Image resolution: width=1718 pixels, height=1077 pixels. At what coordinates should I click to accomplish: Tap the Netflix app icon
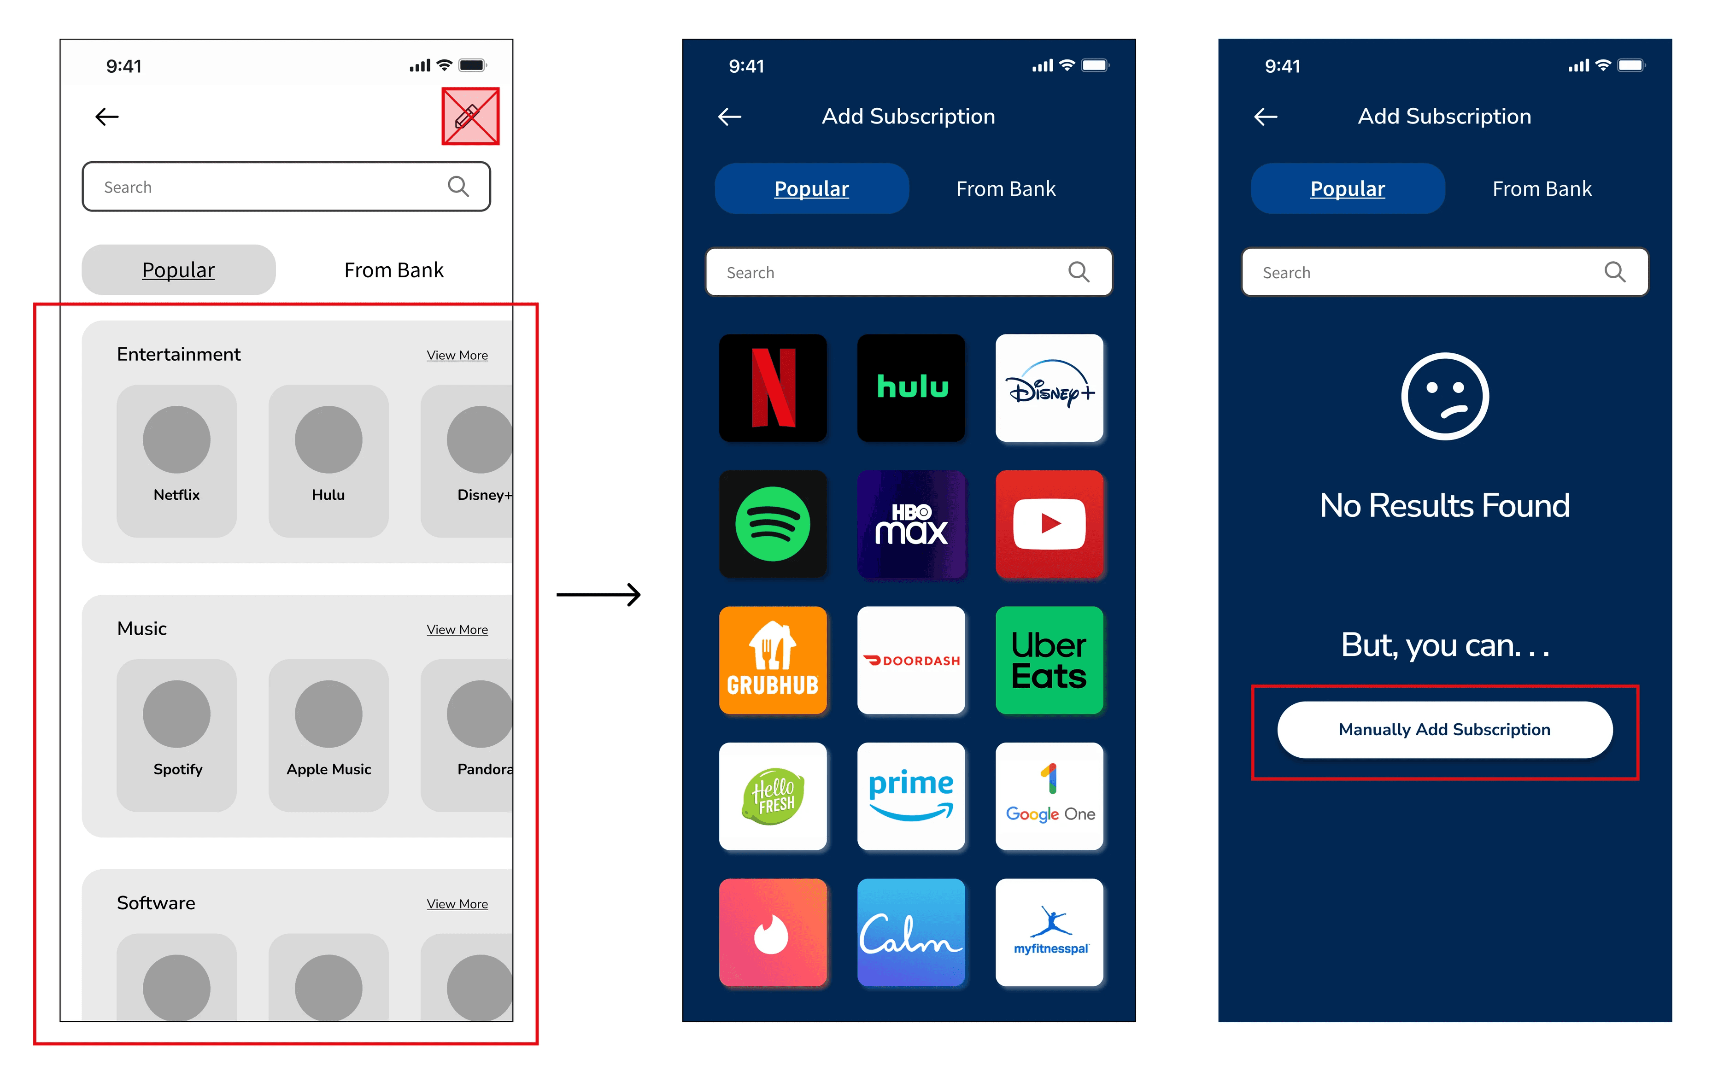(x=773, y=388)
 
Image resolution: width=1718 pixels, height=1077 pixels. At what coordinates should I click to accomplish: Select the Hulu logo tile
(x=911, y=388)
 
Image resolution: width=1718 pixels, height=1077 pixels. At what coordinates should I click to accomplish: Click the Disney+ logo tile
(x=1049, y=388)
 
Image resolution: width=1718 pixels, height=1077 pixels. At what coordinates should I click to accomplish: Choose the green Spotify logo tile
(x=773, y=524)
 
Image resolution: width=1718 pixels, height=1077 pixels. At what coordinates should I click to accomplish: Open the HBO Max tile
(x=911, y=524)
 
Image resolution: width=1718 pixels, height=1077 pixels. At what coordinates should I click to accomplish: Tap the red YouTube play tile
(x=1049, y=524)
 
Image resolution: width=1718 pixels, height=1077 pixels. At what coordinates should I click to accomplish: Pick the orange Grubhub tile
(x=773, y=660)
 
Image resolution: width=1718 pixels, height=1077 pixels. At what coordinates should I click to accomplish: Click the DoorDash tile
(x=911, y=660)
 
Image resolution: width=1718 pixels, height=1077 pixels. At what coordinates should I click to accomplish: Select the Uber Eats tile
(x=1049, y=660)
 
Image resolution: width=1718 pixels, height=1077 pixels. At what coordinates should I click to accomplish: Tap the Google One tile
(x=1049, y=796)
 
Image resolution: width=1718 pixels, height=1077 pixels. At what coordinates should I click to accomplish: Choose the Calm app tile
(x=911, y=932)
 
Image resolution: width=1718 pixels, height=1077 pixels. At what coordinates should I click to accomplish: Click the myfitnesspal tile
(x=1049, y=932)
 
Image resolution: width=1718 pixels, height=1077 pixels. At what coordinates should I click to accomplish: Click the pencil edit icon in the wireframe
(x=467, y=116)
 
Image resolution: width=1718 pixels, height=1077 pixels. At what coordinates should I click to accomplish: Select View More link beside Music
(x=457, y=630)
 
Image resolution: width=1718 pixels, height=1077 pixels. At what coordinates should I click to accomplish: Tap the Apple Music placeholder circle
(x=328, y=714)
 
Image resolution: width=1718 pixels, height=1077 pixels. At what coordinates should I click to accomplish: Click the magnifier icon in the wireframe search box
(x=458, y=187)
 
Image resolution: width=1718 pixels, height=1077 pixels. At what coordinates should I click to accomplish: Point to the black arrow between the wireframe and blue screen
(x=598, y=595)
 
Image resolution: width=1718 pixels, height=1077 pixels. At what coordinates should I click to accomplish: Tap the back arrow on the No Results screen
(x=1266, y=117)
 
